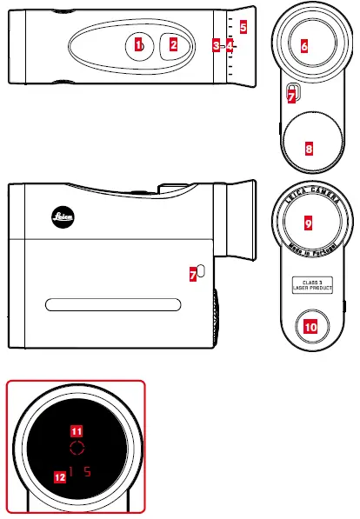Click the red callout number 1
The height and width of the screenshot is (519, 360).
(x=138, y=44)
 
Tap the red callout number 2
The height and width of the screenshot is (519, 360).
(x=173, y=44)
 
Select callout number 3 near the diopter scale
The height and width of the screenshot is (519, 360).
(x=216, y=44)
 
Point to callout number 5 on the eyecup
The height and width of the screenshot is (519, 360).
(x=243, y=27)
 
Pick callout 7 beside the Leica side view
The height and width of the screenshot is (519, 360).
(x=193, y=274)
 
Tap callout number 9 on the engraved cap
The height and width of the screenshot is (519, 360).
(x=308, y=223)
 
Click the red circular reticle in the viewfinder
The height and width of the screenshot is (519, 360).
(x=77, y=449)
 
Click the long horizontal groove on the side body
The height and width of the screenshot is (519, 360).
(x=113, y=304)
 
